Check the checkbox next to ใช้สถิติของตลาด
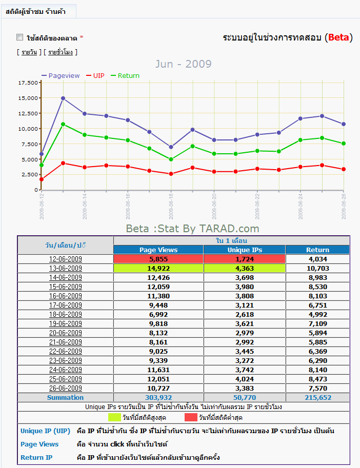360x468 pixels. [x=20, y=37]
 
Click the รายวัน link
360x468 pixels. [x=29, y=52]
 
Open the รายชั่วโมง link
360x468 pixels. [x=61, y=52]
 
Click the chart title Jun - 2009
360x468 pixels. [x=183, y=64]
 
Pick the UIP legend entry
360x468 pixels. [x=98, y=75]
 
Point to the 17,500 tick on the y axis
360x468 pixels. [x=28, y=83]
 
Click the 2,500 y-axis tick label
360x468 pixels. [x=30, y=174]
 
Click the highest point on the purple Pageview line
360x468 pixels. [x=63, y=98]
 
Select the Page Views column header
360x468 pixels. [x=158, y=250]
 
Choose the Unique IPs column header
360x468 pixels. [x=245, y=250]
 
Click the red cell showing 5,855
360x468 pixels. [x=158, y=259]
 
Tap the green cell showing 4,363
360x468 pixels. [x=245, y=268]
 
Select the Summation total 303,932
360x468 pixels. [x=158, y=397]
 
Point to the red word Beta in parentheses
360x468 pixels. [x=338, y=37]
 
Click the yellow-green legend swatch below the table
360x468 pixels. [x=114, y=417]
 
